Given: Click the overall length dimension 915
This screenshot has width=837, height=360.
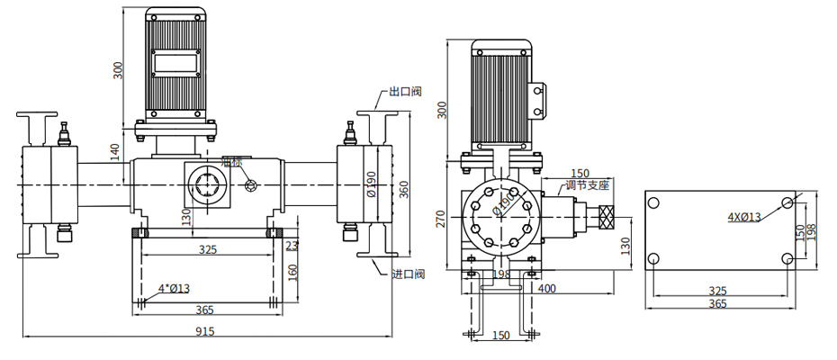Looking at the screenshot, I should (x=206, y=332).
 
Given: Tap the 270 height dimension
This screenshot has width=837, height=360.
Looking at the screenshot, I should (x=441, y=220).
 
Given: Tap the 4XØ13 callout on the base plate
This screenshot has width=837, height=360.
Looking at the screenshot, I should (x=743, y=217).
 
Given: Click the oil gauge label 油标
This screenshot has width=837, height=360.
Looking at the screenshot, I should (x=232, y=161).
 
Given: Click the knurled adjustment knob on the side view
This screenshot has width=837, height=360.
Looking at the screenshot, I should (x=605, y=217).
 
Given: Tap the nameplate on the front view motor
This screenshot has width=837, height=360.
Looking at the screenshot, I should (x=177, y=63).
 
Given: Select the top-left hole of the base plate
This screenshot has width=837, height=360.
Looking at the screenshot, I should (x=654, y=202).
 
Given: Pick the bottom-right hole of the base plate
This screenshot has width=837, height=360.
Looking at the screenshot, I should (x=787, y=259).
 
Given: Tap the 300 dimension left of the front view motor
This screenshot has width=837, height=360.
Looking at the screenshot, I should (x=116, y=69).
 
